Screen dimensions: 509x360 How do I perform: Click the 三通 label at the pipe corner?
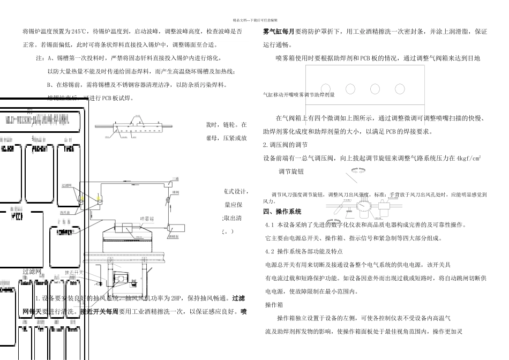click(175, 179)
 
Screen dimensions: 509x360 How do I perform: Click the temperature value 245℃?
click(79, 32)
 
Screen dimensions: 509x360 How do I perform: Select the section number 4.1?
click(270, 224)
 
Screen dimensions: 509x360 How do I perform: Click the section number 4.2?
click(270, 251)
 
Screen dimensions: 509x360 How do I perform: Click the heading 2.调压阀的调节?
click(286, 145)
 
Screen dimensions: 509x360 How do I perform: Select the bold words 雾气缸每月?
click(279, 32)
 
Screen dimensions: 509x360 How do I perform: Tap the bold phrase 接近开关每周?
click(99, 311)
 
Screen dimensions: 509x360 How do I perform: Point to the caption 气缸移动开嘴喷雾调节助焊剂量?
click(298, 95)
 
